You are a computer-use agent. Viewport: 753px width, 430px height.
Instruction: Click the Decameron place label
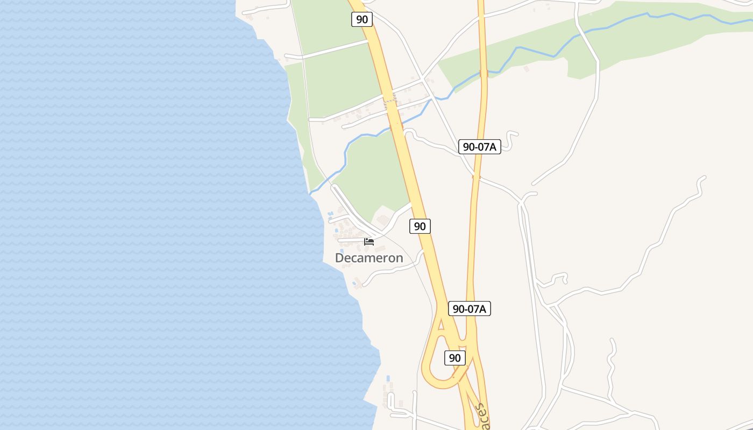coord(369,258)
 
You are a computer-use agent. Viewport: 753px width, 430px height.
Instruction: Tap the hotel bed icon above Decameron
coord(369,241)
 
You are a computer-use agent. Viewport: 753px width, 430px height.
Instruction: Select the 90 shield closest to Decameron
coord(420,226)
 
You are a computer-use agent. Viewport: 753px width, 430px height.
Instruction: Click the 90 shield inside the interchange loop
coord(455,357)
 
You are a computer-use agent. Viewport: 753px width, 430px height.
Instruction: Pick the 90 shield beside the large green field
coord(362,19)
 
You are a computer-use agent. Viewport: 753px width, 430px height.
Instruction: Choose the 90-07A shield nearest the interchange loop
coord(470,309)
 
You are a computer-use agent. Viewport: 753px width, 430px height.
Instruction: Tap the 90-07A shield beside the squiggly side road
coord(480,147)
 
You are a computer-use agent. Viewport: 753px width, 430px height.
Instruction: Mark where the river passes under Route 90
coord(397,124)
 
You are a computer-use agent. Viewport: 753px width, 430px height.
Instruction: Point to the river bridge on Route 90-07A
coord(484,73)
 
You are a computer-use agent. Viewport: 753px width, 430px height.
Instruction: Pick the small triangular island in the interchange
coord(442,324)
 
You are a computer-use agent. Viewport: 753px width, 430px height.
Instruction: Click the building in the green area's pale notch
coord(383,220)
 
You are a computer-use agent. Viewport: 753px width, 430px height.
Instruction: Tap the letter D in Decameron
coord(339,258)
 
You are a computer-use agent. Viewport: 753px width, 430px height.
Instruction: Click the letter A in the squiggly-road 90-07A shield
coord(494,147)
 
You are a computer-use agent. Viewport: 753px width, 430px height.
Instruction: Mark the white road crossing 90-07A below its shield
coord(476,176)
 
